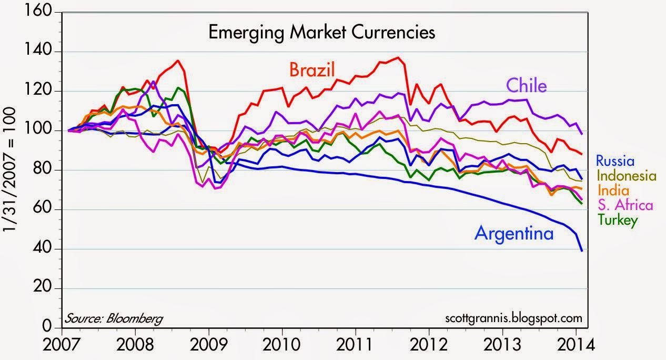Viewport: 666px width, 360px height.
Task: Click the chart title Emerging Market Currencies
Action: [x=322, y=33]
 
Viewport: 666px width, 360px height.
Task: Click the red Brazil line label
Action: [x=311, y=70]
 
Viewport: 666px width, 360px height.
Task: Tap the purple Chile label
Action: [x=526, y=85]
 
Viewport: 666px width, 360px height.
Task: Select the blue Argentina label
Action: [x=514, y=233]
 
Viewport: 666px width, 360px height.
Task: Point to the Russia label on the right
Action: [x=615, y=161]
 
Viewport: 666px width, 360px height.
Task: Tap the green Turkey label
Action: [x=613, y=220]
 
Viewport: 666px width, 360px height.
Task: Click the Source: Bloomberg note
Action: [x=114, y=318]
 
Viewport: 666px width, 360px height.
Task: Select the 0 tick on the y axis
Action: [x=52, y=328]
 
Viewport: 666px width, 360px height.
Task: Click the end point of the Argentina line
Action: [x=582, y=251]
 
